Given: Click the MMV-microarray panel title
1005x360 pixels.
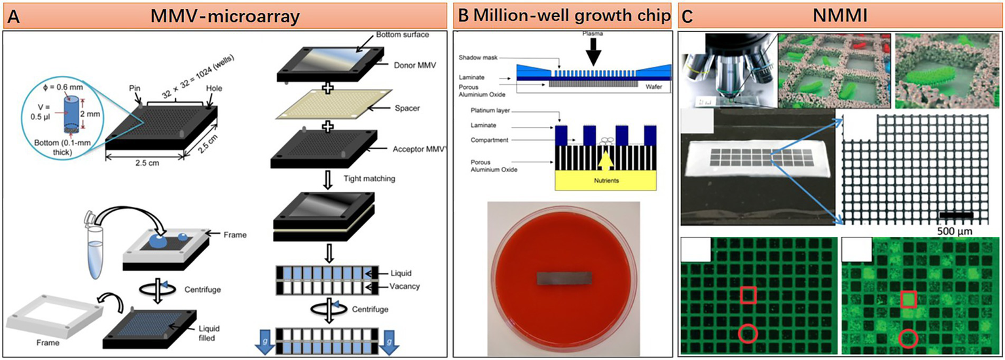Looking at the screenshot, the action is pos(225,16).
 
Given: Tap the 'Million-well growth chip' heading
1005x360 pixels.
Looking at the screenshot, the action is pos(572,15).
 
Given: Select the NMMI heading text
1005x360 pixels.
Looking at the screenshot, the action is pos(840,16).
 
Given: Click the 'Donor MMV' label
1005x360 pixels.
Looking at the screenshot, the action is pos(414,65).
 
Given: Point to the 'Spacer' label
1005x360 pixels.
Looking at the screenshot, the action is pos(407,108).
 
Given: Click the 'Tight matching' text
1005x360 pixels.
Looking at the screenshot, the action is pos(369,179).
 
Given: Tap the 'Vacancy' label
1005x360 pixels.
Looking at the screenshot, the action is pos(404,286).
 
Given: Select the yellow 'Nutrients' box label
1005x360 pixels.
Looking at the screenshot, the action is pos(606,180).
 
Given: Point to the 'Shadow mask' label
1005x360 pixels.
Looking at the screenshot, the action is pos(478,58).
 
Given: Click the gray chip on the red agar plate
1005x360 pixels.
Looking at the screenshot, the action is pos(564,278).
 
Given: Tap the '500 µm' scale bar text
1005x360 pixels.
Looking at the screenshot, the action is pos(955,231).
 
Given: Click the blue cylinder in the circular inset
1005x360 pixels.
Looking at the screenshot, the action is pos(71,113).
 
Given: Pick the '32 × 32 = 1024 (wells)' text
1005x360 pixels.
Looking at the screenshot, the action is pos(198,77).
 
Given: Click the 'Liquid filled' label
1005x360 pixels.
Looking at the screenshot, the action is pos(209,333).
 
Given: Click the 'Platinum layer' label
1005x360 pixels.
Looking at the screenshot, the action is pos(490,110).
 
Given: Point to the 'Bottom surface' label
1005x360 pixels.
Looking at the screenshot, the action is pos(402,35).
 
